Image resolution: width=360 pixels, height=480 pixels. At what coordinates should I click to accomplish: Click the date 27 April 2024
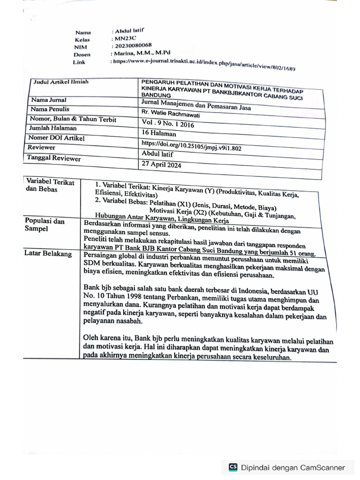click(x=161, y=165)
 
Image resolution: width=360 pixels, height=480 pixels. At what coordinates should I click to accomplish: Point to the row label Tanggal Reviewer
click(x=53, y=158)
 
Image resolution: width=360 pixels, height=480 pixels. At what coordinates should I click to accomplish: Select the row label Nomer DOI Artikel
click(x=57, y=138)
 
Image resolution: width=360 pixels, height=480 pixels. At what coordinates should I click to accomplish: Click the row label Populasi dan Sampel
click(x=45, y=225)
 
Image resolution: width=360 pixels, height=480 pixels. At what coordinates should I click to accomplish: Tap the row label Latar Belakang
click(x=48, y=254)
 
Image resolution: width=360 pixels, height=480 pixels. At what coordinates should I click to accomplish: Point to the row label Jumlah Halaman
click(x=53, y=128)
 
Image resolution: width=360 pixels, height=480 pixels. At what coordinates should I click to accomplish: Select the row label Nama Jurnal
click(x=49, y=100)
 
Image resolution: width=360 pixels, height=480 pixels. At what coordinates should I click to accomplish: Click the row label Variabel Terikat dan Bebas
click(x=50, y=186)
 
